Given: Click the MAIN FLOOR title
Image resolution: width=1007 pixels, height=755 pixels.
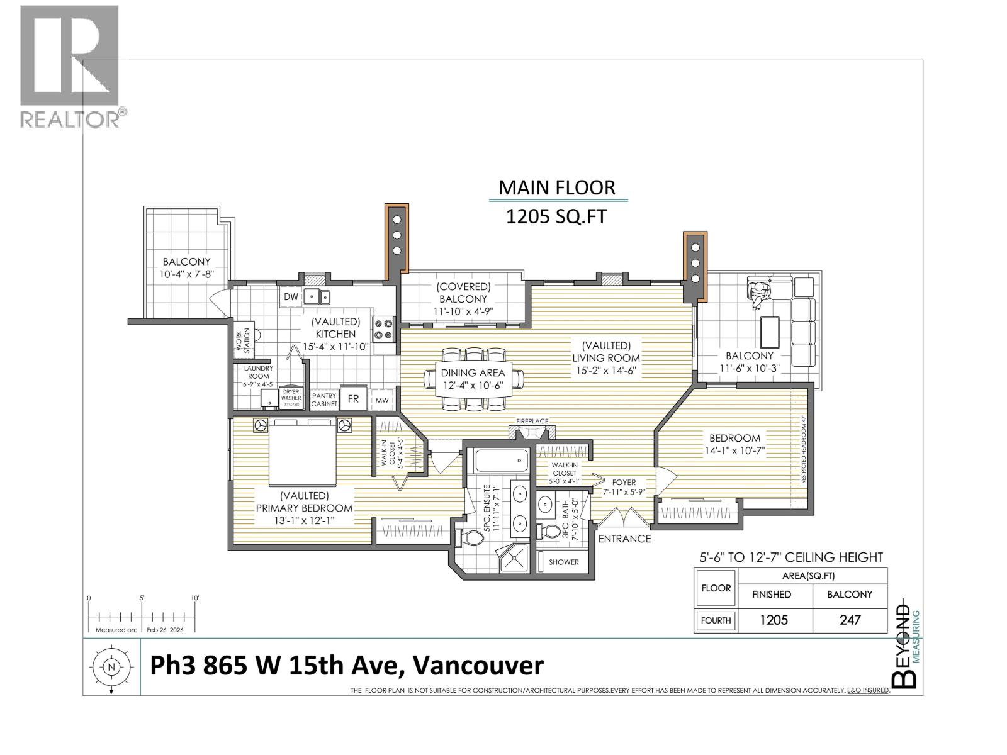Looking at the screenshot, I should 556,187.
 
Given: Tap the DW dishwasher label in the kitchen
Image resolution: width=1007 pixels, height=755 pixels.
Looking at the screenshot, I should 291,297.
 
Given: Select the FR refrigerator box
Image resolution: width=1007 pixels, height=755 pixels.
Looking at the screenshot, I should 354,399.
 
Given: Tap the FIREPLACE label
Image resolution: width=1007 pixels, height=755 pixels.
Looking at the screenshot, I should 532,421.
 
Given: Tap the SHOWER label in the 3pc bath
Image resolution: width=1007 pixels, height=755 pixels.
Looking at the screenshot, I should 563,562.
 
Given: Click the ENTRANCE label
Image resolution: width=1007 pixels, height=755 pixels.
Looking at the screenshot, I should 624,539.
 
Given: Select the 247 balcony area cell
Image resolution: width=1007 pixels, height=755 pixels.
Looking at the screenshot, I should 850,620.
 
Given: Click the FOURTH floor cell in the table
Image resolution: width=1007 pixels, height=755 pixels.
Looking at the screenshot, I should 716,620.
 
